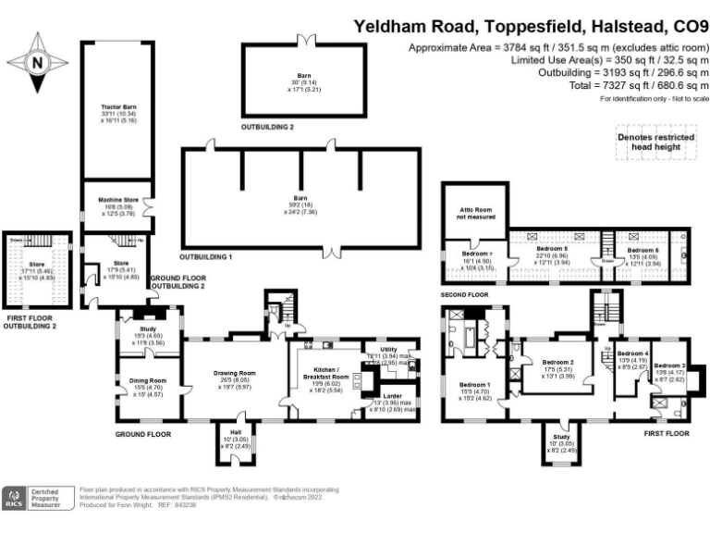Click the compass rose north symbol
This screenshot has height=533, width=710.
tap(36, 63)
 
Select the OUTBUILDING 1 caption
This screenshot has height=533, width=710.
tap(204, 255)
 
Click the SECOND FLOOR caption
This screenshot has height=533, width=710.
tap(464, 294)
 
